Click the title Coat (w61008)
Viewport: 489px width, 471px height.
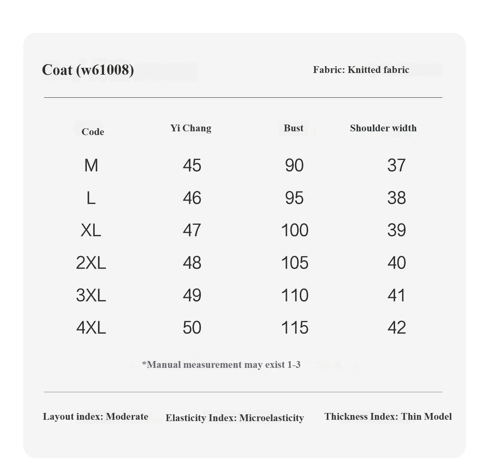click(x=88, y=70)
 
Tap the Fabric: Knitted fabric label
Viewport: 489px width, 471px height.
click(x=361, y=70)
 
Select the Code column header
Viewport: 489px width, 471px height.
click(x=93, y=132)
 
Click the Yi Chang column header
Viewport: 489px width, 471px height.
click(x=191, y=128)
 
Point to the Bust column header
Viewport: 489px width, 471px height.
click(x=293, y=128)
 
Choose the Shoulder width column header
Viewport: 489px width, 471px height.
click(x=383, y=128)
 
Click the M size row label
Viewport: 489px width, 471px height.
click(x=91, y=165)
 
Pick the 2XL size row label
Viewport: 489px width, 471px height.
click(x=91, y=263)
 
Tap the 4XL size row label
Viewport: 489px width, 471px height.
click(x=91, y=327)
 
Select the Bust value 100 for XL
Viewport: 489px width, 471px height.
click(x=295, y=230)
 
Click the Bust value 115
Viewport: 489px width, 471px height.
click(x=295, y=327)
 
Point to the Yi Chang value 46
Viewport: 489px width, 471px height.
click(x=192, y=198)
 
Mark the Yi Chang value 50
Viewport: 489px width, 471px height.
click(x=192, y=327)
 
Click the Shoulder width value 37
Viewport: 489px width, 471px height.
click(x=397, y=165)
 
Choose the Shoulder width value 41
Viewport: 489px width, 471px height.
click(x=397, y=295)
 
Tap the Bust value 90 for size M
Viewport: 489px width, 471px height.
click(x=294, y=165)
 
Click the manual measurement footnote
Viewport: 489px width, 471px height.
click(x=221, y=364)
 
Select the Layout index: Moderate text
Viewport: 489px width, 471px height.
click(x=95, y=416)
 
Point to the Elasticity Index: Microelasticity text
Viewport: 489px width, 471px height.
click(x=234, y=418)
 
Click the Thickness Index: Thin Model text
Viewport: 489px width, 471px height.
click(x=388, y=416)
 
